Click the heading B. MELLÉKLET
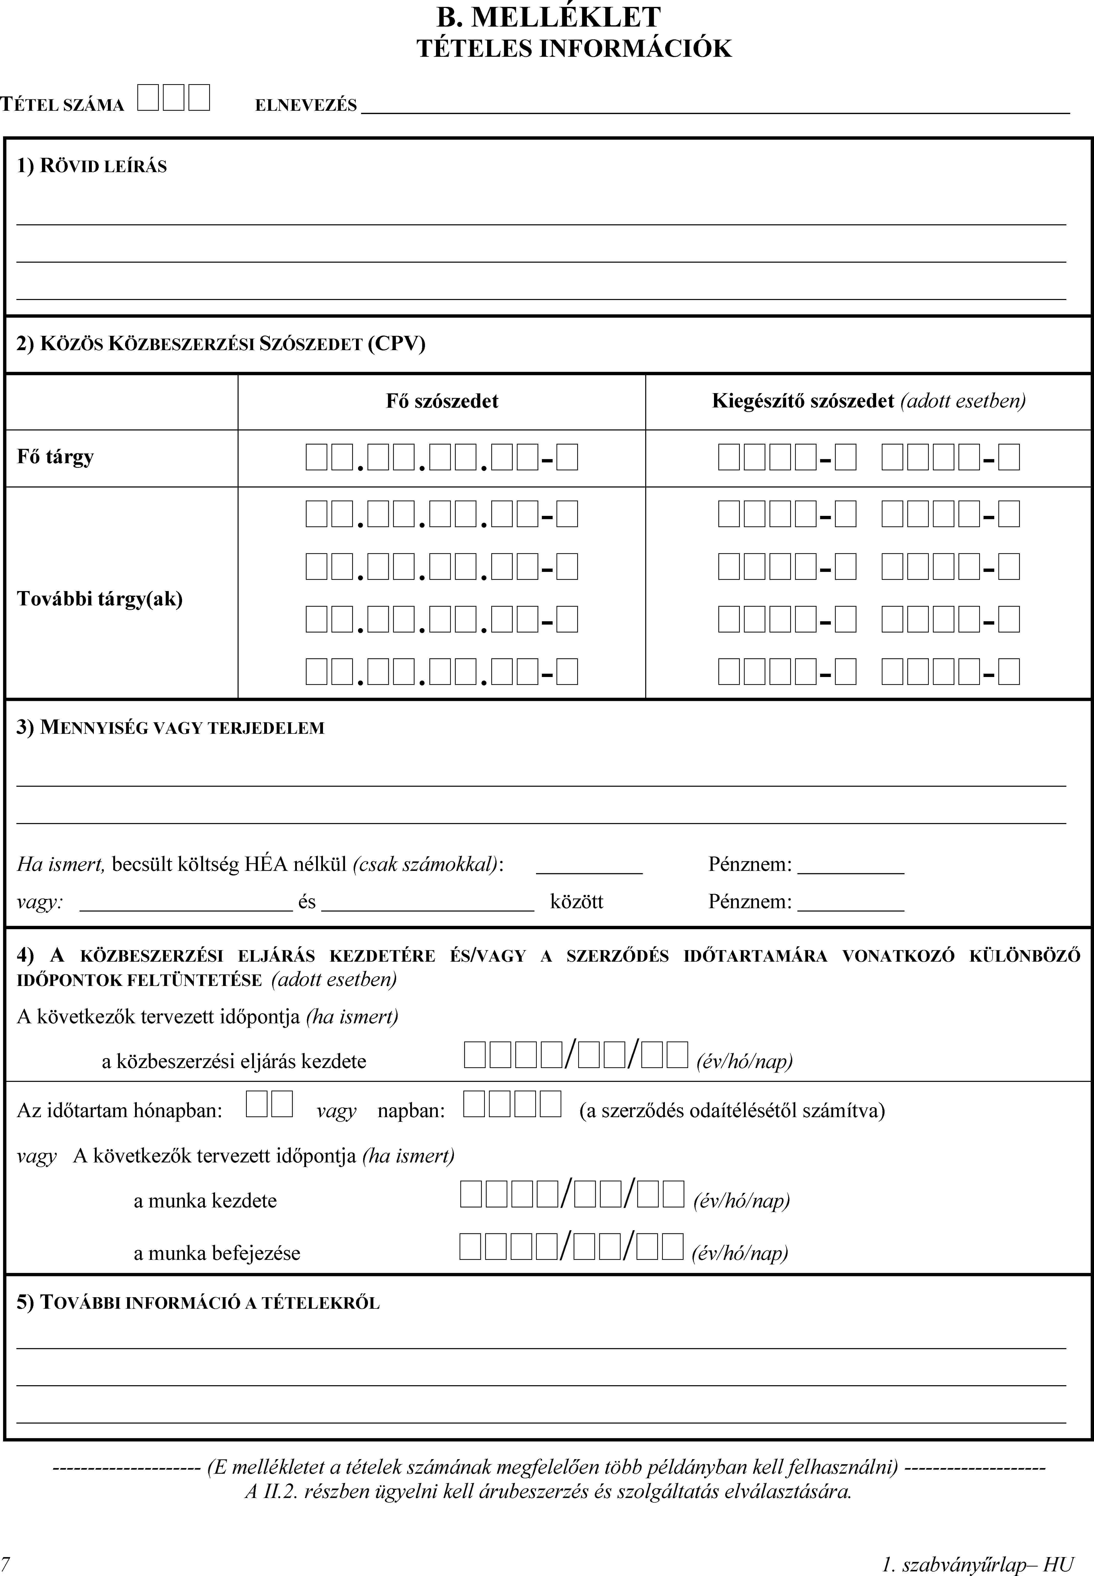pos(548,17)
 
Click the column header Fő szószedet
pos(442,401)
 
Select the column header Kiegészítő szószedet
pos(803,401)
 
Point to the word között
pos(576,902)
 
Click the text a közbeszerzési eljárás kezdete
pos(234,1062)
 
